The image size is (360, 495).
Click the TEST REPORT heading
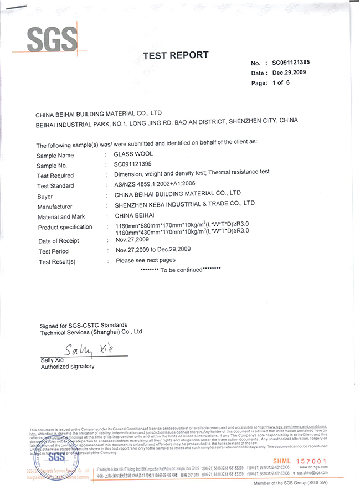coord(176,55)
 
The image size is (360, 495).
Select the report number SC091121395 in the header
coord(291,64)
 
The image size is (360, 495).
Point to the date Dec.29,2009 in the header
coord(289,73)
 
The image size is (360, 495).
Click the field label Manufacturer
coord(56,207)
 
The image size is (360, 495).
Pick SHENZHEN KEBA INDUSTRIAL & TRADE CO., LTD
coord(184,204)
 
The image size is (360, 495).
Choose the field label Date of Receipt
coord(58,241)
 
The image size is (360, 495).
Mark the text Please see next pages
coord(146,260)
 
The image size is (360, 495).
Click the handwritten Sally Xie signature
coord(89,350)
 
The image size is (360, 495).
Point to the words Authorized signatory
coord(68,367)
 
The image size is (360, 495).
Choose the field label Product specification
coord(65,228)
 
